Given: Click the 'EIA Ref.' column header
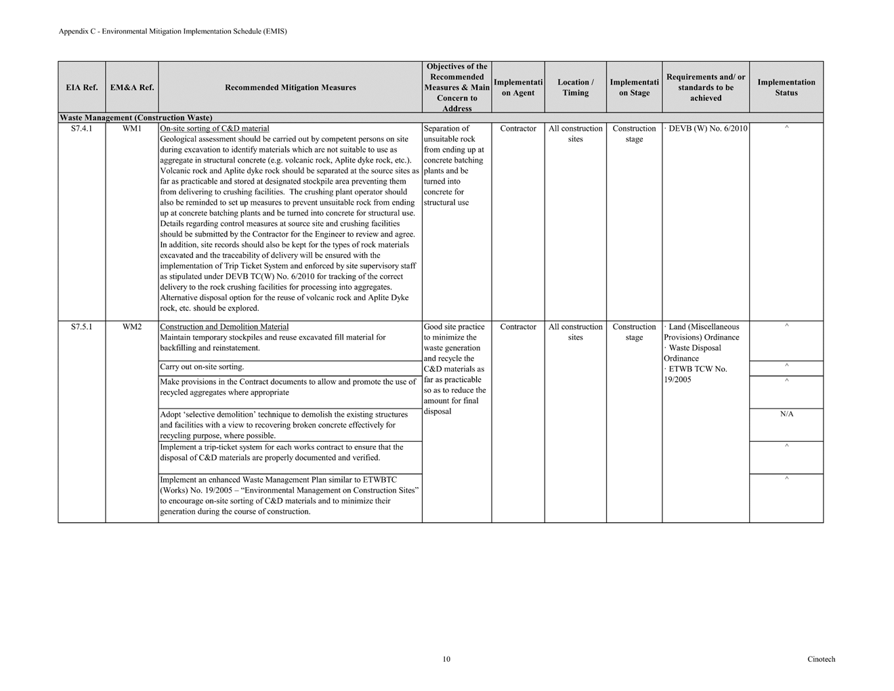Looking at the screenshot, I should (81, 87).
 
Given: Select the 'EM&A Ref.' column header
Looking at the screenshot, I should (131, 87).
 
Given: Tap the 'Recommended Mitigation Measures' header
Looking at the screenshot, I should (290, 87).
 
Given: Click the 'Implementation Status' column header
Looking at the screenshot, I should (786, 87).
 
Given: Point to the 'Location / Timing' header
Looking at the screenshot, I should (575, 87).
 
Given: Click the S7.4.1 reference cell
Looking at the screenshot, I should (81, 129).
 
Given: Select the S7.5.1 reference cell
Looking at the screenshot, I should (81, 327).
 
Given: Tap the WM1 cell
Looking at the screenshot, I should (131, 129).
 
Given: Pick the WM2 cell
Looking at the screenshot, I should (131, 327).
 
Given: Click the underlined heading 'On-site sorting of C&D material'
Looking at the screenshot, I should (214, 129).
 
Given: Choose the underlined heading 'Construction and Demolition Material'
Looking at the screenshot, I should (224, 327).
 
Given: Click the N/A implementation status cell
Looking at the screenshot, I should (786, 414).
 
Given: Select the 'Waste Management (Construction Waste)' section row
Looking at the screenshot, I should (136, 118).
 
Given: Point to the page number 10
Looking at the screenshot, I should (446, 659).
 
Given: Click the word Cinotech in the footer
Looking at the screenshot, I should (821, 659).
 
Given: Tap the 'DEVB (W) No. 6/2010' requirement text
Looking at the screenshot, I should (707, 129).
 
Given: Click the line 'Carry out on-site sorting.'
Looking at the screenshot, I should (202, 367).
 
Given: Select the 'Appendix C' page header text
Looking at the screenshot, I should (173, 31).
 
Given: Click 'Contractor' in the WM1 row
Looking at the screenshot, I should (518, 129).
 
